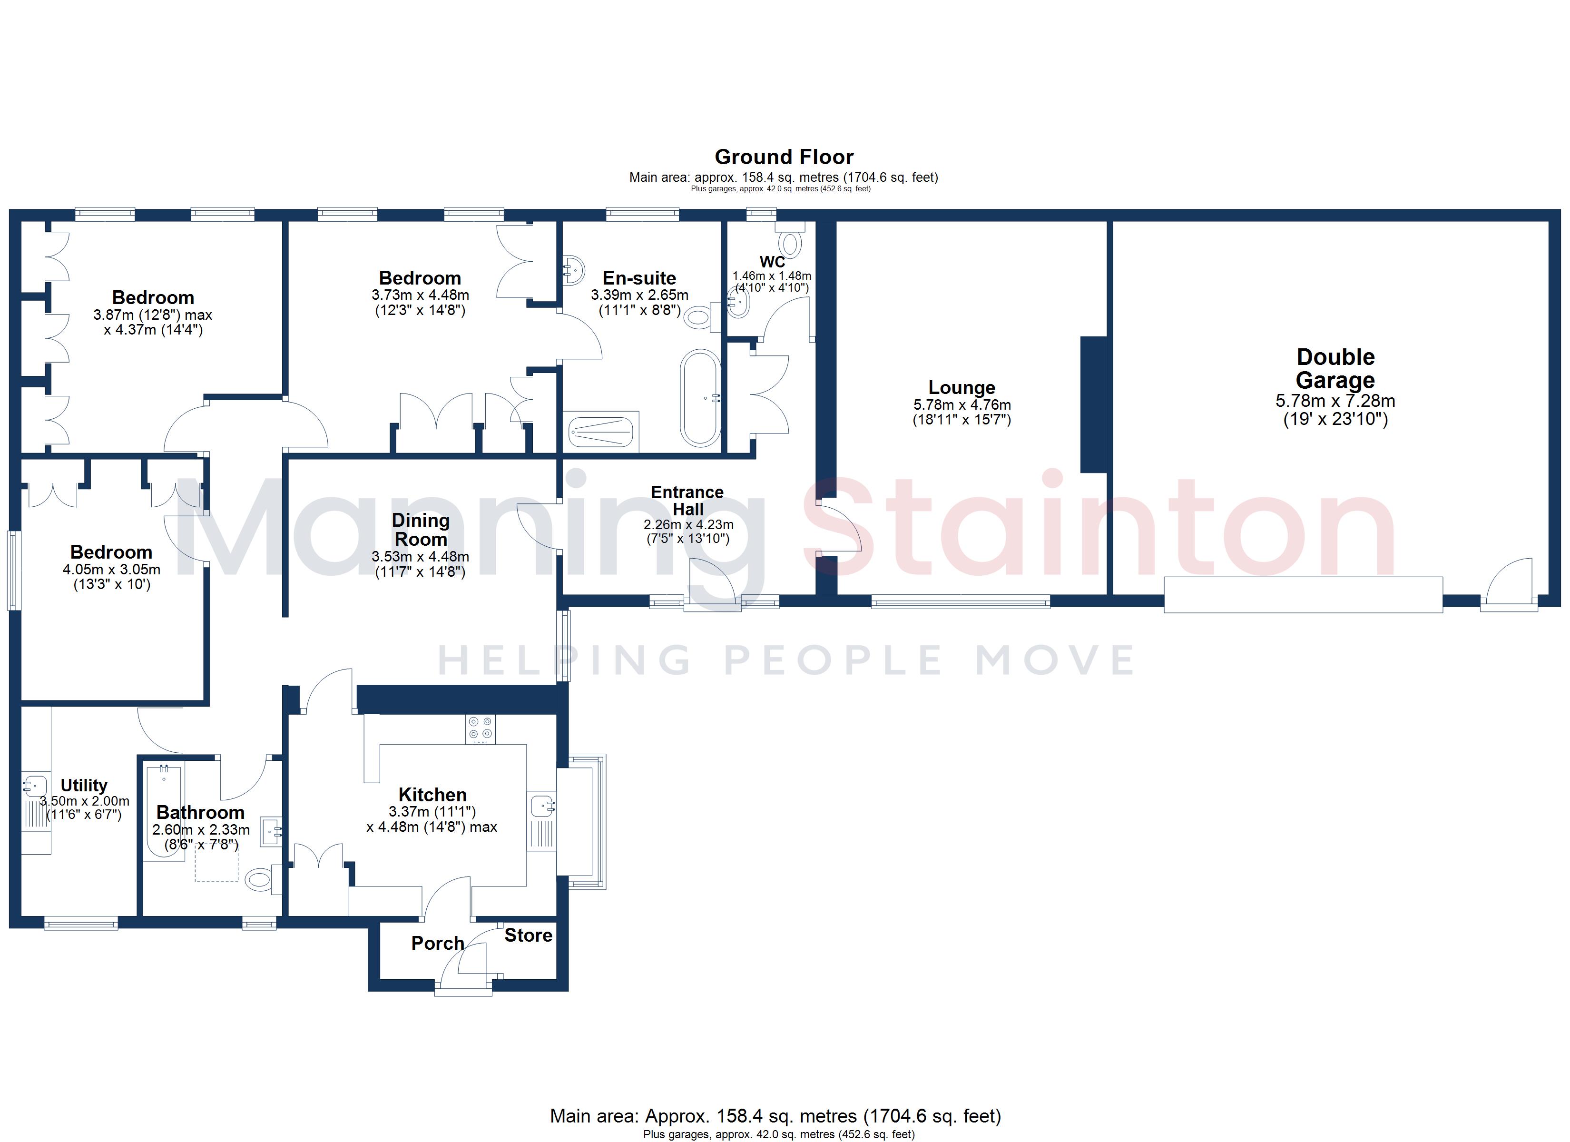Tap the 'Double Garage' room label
click(1335, 368)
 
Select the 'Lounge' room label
click(962, 388)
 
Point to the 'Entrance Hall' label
click(687, 501)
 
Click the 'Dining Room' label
click(420, 530)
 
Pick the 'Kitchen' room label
click(432, 794)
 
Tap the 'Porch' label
click(438, 943)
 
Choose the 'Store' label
click(528, 935)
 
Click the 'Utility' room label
click(84, 785)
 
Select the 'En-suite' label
click(639, 278)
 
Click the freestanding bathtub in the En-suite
click(700, 399)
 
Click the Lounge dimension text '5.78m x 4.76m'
click(962, 405)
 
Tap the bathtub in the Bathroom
click(164, 810)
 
